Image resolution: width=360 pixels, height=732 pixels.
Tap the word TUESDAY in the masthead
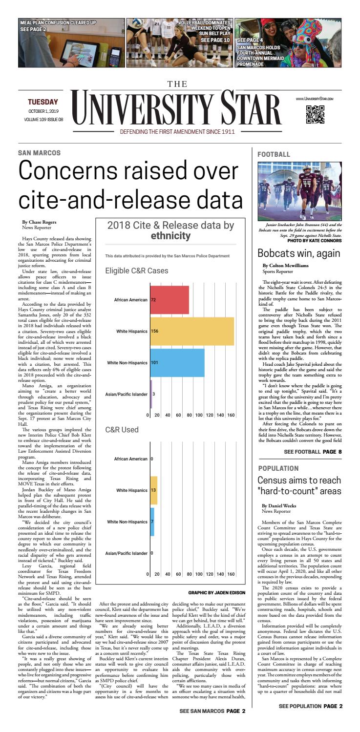tap(42, 102)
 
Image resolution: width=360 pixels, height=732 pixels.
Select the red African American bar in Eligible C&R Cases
tap(169, 299)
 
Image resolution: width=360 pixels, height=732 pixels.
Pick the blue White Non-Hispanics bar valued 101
tap(177, 363)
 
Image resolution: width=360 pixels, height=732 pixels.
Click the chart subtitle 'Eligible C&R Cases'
tap(137, 270)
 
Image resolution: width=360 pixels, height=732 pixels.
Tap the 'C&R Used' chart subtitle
tap(122, 430)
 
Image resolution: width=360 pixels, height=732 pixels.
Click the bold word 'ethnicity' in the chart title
tap(170, 236)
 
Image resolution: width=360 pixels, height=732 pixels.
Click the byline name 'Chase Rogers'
tap(38, 222)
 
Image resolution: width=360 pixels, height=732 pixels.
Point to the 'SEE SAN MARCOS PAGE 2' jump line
tap(212, 724)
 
